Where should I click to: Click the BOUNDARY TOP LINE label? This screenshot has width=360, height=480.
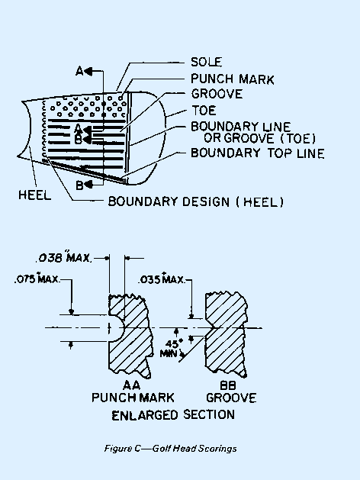click(258, 153)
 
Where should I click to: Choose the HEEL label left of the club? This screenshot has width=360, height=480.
click(34, 195)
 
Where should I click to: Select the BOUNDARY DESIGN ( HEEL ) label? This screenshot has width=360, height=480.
click(196, 202)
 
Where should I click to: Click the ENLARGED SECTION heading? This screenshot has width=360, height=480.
click(173, 414)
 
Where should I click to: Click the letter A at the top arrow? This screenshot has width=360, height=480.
click(79, 70)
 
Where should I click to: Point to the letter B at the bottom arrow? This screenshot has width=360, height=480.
click(79, 184)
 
